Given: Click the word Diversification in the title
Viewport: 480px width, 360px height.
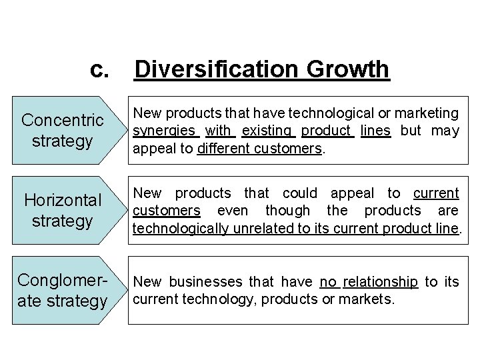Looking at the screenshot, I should (x=217, y=69).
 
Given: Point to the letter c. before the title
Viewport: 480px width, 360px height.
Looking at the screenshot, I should (x=100, y=69).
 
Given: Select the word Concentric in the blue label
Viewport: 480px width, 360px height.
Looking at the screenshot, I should (x=63, y=121).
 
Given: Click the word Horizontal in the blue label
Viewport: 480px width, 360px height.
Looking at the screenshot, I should (x=63, y=200).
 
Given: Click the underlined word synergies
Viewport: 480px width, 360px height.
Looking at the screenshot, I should (x=165, y=131).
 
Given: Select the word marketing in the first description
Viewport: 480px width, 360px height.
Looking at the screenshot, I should (x=427, y=113).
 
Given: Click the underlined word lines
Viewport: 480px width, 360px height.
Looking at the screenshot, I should (x=375, y=131).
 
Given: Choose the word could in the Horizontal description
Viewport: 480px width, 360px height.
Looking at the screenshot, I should (x=299, y=193).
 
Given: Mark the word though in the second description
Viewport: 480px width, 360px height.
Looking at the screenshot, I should (x=288, y=211).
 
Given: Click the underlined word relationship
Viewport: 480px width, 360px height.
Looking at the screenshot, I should (x=380, y=282).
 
